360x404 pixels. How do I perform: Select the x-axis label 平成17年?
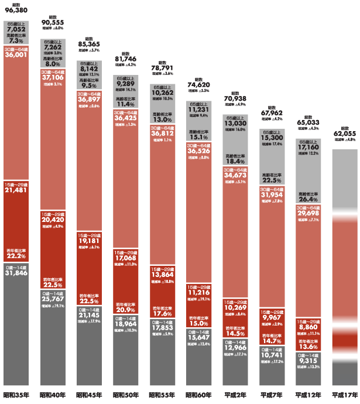pyautogui.click(x=345, y=395)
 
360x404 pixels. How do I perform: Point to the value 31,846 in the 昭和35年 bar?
pyautogui.click(x=17, y=273)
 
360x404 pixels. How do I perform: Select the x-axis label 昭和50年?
pyautogui.click(x=125, y=395)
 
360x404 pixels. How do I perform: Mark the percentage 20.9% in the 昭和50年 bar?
pyautogui.click(x=125, y=309)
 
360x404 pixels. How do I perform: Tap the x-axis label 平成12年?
pyautogui.click(x=308, y=395)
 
